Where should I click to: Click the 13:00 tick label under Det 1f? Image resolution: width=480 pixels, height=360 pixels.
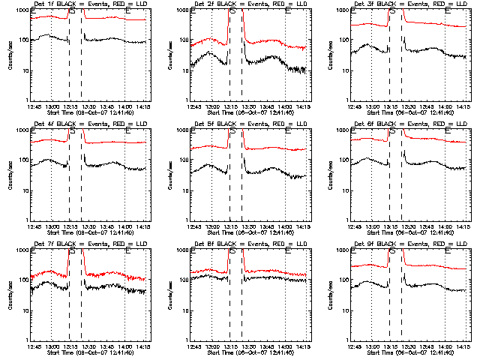tap(52, 106)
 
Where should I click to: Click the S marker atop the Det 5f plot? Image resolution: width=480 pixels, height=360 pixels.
tap(232, 132)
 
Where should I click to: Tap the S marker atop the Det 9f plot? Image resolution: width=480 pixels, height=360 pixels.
tap(393, 252)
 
